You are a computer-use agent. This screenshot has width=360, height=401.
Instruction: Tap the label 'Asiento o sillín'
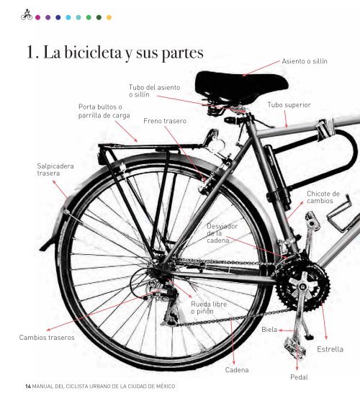tap(305, 61)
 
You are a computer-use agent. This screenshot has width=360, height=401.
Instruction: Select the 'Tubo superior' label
tap(289, 105)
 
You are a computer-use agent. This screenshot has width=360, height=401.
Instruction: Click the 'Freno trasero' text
tap(165, 121)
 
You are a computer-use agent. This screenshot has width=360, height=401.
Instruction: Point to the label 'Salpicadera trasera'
tap(55, 170)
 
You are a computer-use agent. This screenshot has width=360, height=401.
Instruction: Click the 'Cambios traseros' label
tap(47, 338)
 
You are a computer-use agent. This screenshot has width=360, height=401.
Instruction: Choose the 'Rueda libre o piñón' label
tap(209, 307)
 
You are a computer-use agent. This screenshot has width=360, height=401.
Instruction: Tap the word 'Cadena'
tap(237, 370)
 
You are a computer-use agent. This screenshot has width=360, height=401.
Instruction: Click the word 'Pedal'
tap(299, 377)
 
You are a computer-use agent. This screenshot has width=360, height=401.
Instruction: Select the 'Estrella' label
tap(330, 349)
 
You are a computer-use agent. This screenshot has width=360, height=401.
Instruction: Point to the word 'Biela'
tap(269, 330)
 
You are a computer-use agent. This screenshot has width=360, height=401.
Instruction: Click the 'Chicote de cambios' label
tap(323, 197)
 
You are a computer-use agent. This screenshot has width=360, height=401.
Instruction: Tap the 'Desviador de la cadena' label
tap(222, 233)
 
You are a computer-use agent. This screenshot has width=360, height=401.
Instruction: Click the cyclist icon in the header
tap(27, 14)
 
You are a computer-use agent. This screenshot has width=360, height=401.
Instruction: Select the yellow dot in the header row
tap(109, 17)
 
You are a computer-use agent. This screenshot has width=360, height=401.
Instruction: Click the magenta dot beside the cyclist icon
tap(38, 17)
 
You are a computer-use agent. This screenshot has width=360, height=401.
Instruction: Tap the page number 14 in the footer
tap(28, 386)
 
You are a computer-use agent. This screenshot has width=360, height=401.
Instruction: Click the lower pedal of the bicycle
tap(295, 348)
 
